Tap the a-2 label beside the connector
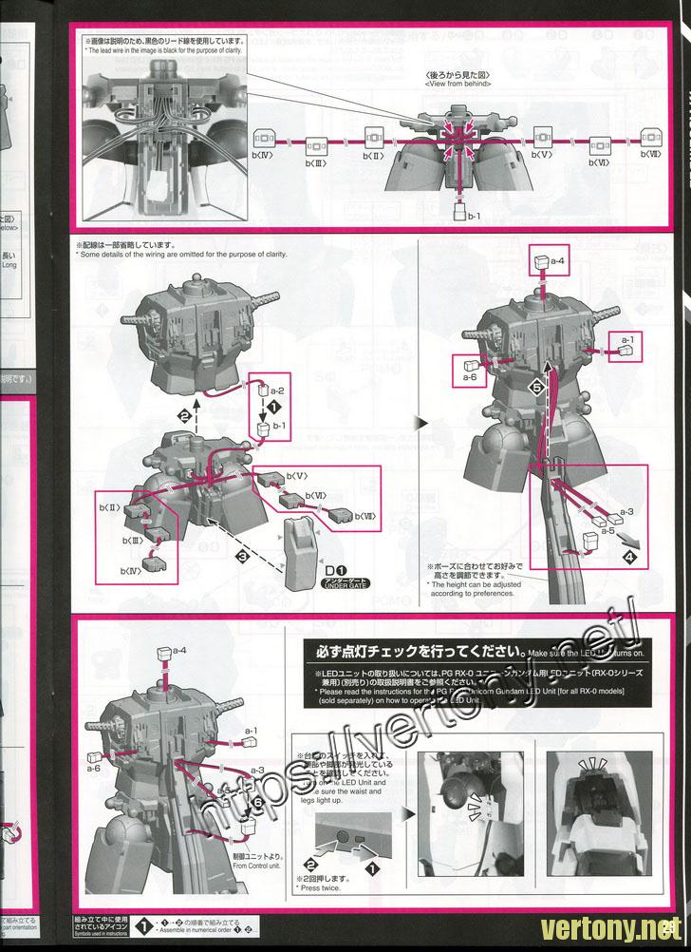point(276,390)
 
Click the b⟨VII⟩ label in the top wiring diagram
point(649,155)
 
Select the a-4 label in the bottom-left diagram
point(180,652)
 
